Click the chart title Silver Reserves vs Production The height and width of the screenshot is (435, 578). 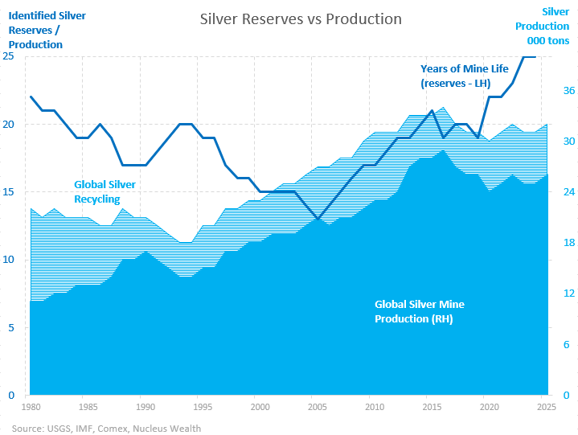300,19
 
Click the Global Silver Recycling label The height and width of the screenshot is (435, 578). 105,192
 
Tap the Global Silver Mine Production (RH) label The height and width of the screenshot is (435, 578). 420,311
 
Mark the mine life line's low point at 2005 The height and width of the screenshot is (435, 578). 318,220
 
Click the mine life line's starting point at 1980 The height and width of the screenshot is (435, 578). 31,97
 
